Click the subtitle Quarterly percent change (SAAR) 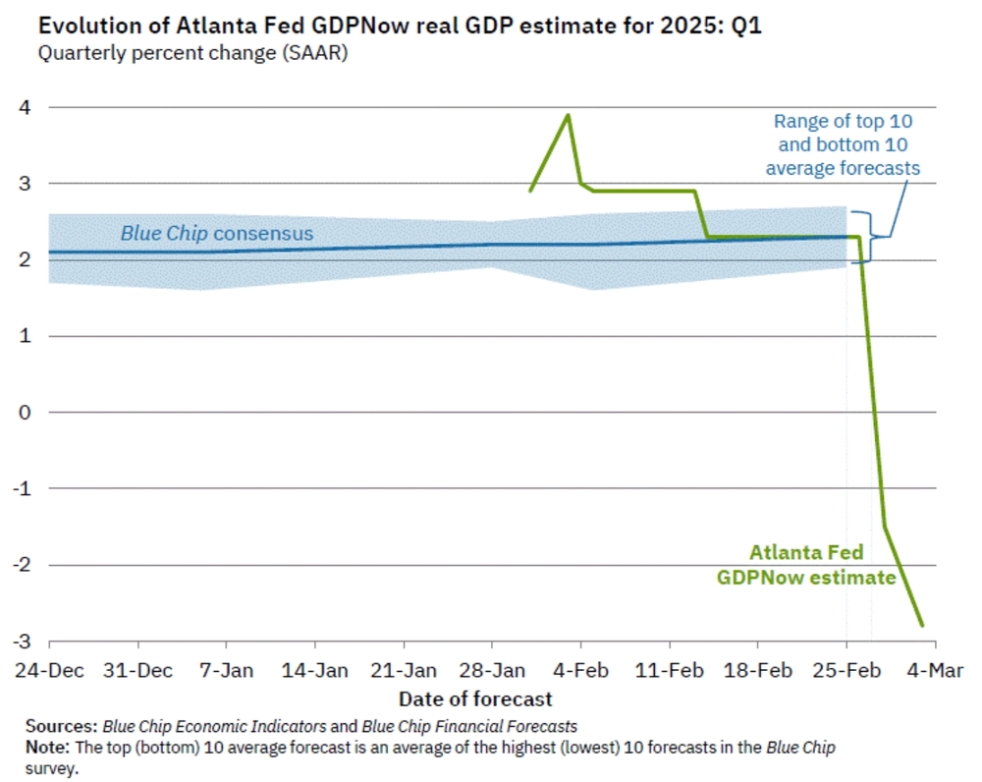coord(192,53)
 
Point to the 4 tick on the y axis coord(26,107)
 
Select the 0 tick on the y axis coord(26,413)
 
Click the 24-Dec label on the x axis coord(49,671)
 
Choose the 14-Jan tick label coord(314,671)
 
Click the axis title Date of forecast coord(475,699)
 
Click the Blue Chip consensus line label coord(216,234)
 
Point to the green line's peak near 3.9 coord(568,115)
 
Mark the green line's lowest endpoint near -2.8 coord(922,625)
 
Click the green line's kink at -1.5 coord(885,527)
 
